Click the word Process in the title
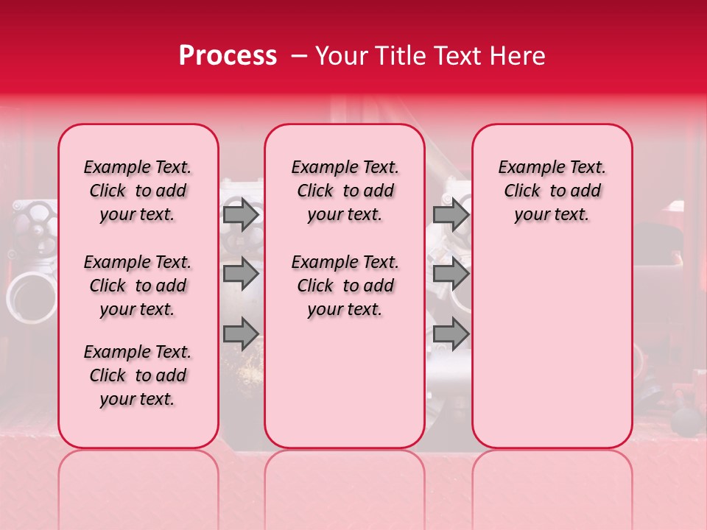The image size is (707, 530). coord(228,56)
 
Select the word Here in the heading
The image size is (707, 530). coord(518,56)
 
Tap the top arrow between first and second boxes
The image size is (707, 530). coord(241,215)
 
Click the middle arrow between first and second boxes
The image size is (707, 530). coord(241,274)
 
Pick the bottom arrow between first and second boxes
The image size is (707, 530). coord(241,333)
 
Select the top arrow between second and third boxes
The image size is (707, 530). coord(451,215)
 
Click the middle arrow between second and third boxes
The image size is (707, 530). coord(451,274)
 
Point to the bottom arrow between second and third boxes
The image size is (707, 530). coord(451,333)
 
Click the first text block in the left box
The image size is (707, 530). coord(138,191)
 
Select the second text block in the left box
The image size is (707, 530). coord(138,286)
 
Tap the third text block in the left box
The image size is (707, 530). coord(138,375)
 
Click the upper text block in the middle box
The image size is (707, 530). coord(345,191)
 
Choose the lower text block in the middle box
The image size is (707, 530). coord(345,286)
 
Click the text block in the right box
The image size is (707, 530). coord(552,191)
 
